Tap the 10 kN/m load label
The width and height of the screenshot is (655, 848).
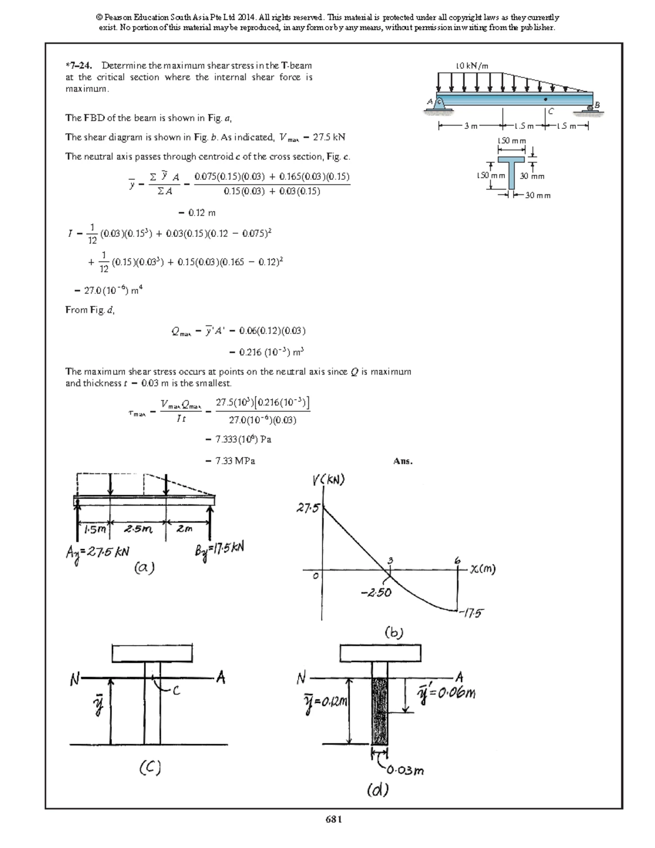tap(472, 66)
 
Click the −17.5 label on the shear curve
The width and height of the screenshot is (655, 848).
tap(472, 613)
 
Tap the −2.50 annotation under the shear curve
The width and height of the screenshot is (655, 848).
tap(376, 592)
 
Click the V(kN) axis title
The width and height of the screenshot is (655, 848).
tap(329, 480)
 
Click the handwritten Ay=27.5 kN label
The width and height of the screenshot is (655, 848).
tap(98, 552)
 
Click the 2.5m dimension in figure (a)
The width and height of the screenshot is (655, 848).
tap(138, 529)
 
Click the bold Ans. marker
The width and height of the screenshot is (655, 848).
tap(403, 461)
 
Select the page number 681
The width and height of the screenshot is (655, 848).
tap(333, 819)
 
